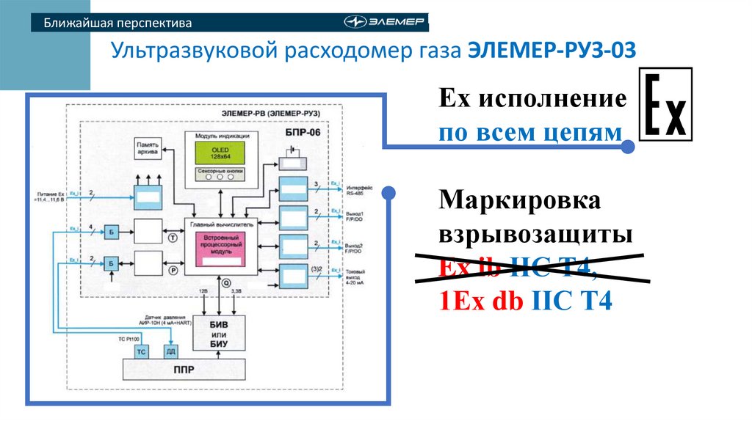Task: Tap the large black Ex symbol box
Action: pos(666,103)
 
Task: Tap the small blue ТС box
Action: pos(142,352)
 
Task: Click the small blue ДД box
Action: pos(170,352)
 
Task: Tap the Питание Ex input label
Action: pos(51,195)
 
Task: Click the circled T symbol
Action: pos(173,238)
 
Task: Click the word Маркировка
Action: pos(519,199)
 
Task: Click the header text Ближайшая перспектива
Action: pos(117,23)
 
